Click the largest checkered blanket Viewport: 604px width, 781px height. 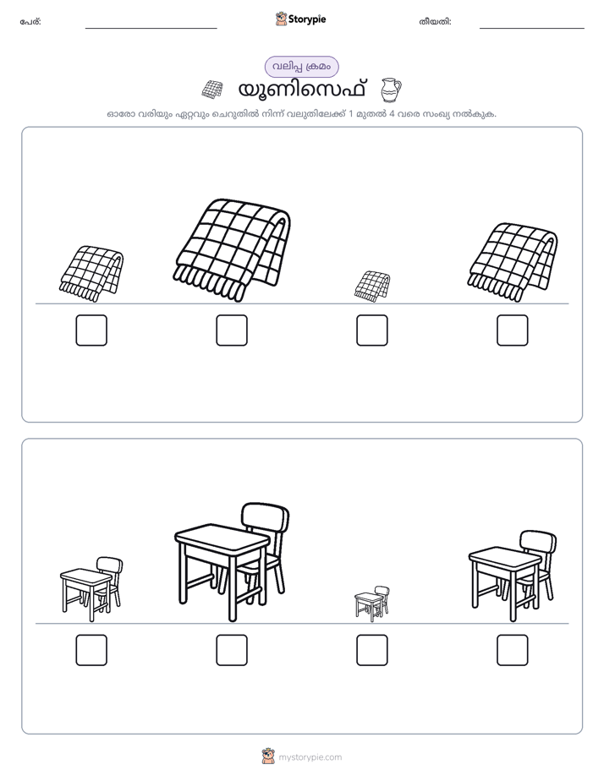coord(233,249)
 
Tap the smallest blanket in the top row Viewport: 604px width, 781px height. coord(372,287)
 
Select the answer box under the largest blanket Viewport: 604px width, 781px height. coord(232,330)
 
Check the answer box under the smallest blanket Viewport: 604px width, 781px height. coord(371,330)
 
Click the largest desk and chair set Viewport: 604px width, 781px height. coord(233,562)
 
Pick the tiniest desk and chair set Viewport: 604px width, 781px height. coord(372,603)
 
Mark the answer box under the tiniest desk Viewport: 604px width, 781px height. coord(371,650)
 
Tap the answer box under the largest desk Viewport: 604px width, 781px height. coord(232,650)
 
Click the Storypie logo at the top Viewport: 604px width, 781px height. coord(300,19)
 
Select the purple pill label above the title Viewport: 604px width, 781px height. coord(301,67)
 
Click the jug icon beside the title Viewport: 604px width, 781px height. coord(391,90)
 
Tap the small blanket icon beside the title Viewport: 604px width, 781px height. coord(211,89)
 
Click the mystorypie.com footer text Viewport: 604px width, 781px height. coord(310,757)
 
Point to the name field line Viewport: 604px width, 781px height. coord(151,28)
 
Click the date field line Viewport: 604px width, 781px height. coord(532,28)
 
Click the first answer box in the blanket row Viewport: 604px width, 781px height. coord(91,330)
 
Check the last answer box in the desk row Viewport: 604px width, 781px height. coord(513,650)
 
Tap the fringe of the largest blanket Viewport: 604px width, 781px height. coord(209,283)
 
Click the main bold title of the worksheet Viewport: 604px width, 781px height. coord(302,90)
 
